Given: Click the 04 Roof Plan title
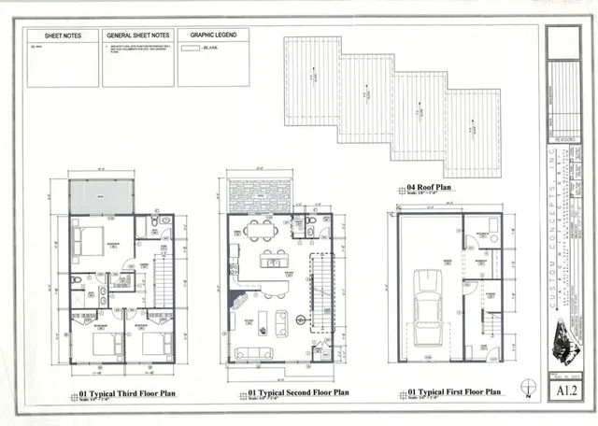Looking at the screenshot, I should (x=430, y=188).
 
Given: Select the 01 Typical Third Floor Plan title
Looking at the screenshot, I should (x=127, y=393).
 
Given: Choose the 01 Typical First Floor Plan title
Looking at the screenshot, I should (x=455, y=392).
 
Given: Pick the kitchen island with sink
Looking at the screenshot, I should (x=274, y=262).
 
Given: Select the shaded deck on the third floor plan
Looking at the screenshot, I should (x=103, y=196).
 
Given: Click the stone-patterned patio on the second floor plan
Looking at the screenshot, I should (x=259, y=194).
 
